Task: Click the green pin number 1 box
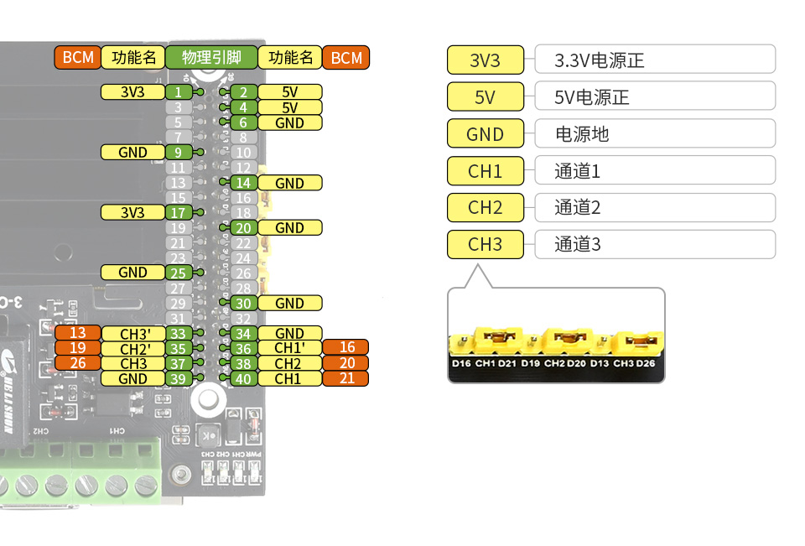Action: [178, 92]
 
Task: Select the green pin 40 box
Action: [243, 378]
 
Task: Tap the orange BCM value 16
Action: [346, 348]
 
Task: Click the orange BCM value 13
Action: [77, 333]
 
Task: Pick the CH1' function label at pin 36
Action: [289, 348]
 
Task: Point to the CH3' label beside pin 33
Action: [134, 333]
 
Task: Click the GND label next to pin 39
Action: [133, 378]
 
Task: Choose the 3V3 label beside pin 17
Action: [133, 213]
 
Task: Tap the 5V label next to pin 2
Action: [289, 92]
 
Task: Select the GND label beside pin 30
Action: [289, 303]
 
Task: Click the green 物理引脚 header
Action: [211, 58]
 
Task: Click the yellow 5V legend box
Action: [486, 97]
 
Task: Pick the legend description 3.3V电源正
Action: [600, 60]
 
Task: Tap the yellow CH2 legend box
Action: [486, 208]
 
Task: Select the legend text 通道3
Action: [578, 245]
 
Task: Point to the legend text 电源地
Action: [582, 134]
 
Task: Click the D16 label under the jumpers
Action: [461, 363]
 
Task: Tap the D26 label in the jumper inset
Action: [645, 363]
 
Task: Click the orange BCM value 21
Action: [346, 378]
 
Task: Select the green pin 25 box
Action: [178, 273]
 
